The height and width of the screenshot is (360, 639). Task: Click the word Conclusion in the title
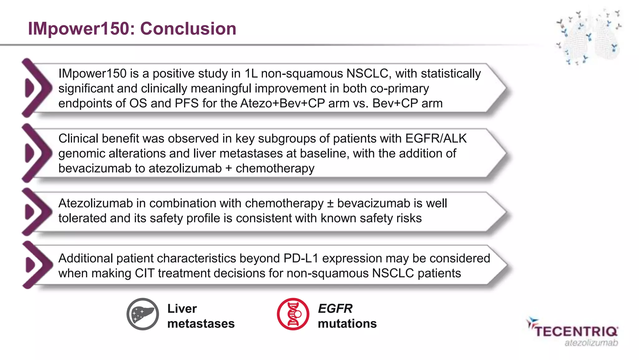[188, 29]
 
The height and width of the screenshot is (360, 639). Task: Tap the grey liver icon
[143, 314]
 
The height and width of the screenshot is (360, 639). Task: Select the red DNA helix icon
[293, 314]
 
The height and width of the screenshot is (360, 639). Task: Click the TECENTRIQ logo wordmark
[576, 331]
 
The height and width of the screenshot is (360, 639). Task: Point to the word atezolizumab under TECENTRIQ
[591, 343]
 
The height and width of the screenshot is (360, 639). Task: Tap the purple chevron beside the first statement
[37, 88]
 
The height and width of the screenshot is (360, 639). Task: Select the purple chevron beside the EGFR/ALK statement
[37, 153]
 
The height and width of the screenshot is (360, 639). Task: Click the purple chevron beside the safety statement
[37, 212]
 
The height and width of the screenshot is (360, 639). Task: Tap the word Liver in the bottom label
[182, 308]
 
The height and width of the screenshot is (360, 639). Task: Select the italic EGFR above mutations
[335, 308]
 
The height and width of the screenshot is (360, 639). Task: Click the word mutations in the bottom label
[347, 323]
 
